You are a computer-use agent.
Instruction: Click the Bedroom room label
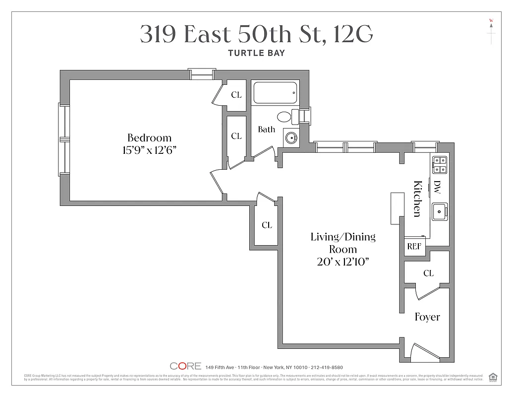(x=149, y=138)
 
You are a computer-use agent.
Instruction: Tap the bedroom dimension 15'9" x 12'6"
(x=149, y=150)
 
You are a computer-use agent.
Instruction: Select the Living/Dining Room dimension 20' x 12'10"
(x=343, y=263)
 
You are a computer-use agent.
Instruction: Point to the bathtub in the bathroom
(x=275, y=93)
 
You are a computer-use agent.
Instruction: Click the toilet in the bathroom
(x=285, y=117)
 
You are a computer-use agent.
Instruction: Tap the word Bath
(x=266, y=130)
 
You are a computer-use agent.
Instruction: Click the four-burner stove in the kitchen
(x=440, y=165)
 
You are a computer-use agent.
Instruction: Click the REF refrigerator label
(x=414, y=246)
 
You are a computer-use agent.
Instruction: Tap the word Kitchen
(x=417, y=198)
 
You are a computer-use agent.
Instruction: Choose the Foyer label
(x=427, y=317)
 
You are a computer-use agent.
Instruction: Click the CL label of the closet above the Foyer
(x=428, y=273)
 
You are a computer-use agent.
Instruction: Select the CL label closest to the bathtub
(x=236, y=95)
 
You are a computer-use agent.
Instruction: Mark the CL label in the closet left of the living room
(x=267, y=225)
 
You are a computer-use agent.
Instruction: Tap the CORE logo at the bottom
(x=185, y=366)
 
